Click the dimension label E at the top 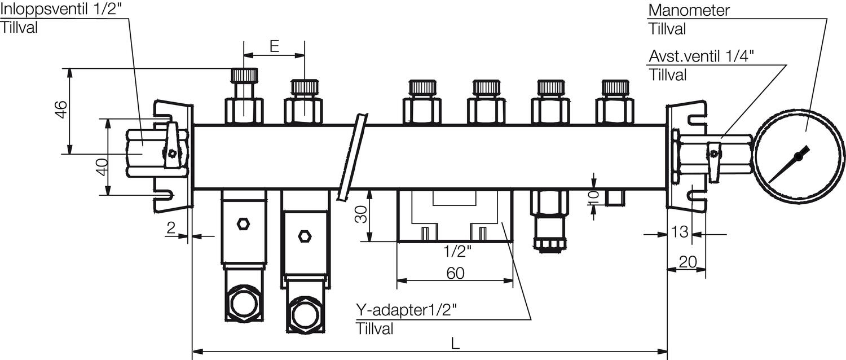275,46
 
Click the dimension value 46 61,109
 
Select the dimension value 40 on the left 102,167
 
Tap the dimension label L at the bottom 455,344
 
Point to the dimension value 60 455,273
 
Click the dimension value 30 361,214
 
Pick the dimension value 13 680,232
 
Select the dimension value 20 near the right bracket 688,262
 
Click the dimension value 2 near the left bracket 171,228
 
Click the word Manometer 689,10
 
